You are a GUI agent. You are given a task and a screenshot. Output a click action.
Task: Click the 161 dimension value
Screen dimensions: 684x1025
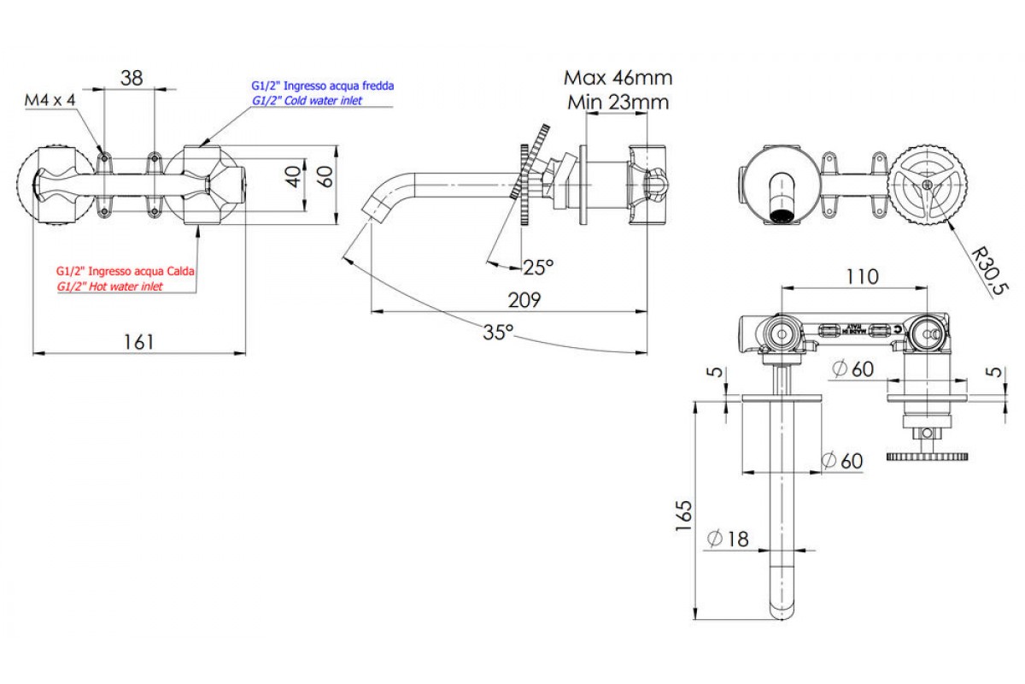point(138,341)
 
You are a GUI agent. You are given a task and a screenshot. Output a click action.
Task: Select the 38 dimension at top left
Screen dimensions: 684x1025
point(131,78)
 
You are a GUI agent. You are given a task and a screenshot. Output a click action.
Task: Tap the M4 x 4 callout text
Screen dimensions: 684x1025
point(50,101)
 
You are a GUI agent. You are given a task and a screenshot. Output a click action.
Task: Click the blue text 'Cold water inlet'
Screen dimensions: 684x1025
point(307,101)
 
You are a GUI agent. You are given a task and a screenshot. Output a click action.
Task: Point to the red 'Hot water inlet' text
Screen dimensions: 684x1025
point(109,287)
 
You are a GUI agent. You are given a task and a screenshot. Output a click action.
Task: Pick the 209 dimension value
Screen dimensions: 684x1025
point(524,299)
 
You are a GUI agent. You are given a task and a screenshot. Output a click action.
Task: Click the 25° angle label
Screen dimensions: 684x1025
point(538,268)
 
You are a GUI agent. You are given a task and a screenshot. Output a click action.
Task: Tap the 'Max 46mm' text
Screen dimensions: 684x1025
point(618,78)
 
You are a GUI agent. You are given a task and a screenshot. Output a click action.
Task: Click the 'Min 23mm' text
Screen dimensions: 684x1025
point(618,103)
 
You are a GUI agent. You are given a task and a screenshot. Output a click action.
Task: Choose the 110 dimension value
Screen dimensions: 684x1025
point(862,277)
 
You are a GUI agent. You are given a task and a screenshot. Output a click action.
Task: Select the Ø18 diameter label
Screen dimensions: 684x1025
point(728,539)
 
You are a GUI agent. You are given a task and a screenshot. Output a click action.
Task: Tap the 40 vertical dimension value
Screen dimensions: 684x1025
point(293,177)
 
